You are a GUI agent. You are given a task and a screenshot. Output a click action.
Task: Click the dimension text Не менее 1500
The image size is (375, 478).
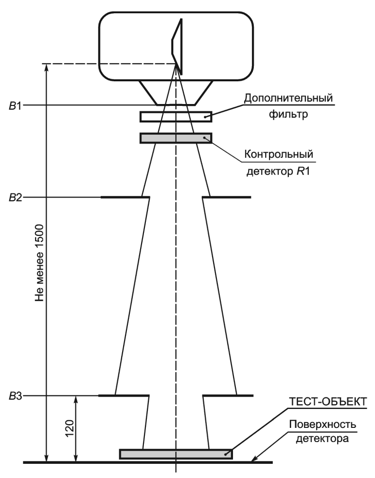[41, 263]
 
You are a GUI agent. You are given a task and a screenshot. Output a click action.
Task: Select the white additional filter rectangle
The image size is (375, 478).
[176, 116]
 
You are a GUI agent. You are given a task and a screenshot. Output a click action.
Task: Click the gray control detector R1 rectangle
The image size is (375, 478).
[176, 138]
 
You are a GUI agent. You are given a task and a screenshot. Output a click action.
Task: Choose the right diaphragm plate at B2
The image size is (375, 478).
[226, 197]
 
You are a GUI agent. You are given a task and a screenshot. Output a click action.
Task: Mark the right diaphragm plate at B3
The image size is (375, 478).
[228, 395]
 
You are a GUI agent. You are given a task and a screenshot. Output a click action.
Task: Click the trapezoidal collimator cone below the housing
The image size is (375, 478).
[176, 92]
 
